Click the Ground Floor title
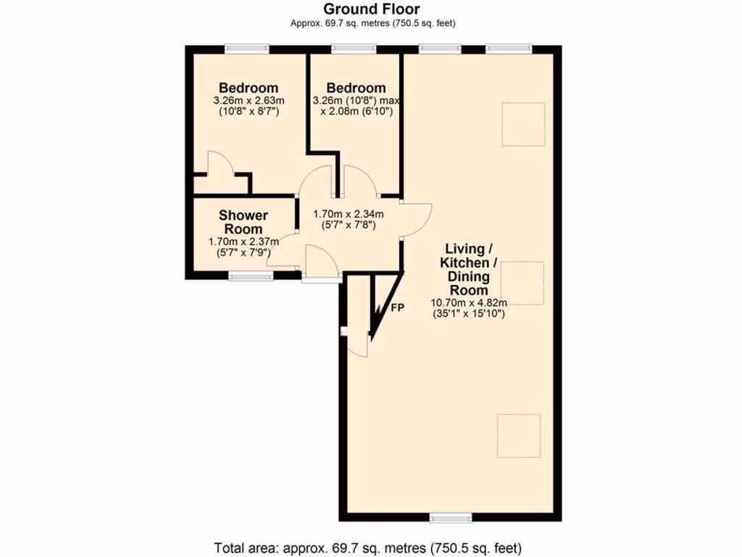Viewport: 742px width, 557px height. pos(372,9)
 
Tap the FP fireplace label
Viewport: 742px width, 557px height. pos(397,308)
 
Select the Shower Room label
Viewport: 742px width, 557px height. pos(243,222)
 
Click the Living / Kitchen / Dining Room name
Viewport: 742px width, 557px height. pos(468,268)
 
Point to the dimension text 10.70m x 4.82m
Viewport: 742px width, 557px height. pos(468,303)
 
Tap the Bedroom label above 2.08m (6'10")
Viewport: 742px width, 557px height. pos(355,88)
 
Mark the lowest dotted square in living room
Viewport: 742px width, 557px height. pos(519,436)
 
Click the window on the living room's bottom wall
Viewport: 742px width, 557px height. pos(451,517)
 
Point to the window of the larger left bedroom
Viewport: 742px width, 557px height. pos(247,49)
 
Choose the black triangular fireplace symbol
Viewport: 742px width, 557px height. pos(380,305)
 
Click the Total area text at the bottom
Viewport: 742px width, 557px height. pos(367,548)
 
